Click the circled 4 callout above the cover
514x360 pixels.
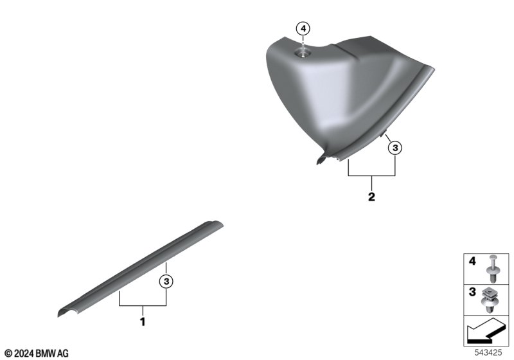[303, 29]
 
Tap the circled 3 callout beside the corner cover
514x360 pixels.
[395, 148]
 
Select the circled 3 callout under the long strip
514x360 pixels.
[166, 282]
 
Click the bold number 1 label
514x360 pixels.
[143, 321]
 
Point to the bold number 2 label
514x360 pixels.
[371, 197]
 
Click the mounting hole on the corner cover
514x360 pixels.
[303, 53]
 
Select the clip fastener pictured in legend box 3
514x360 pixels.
[491, 300]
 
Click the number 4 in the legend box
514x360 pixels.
[472, 261]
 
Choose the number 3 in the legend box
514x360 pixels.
[472, 292]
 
